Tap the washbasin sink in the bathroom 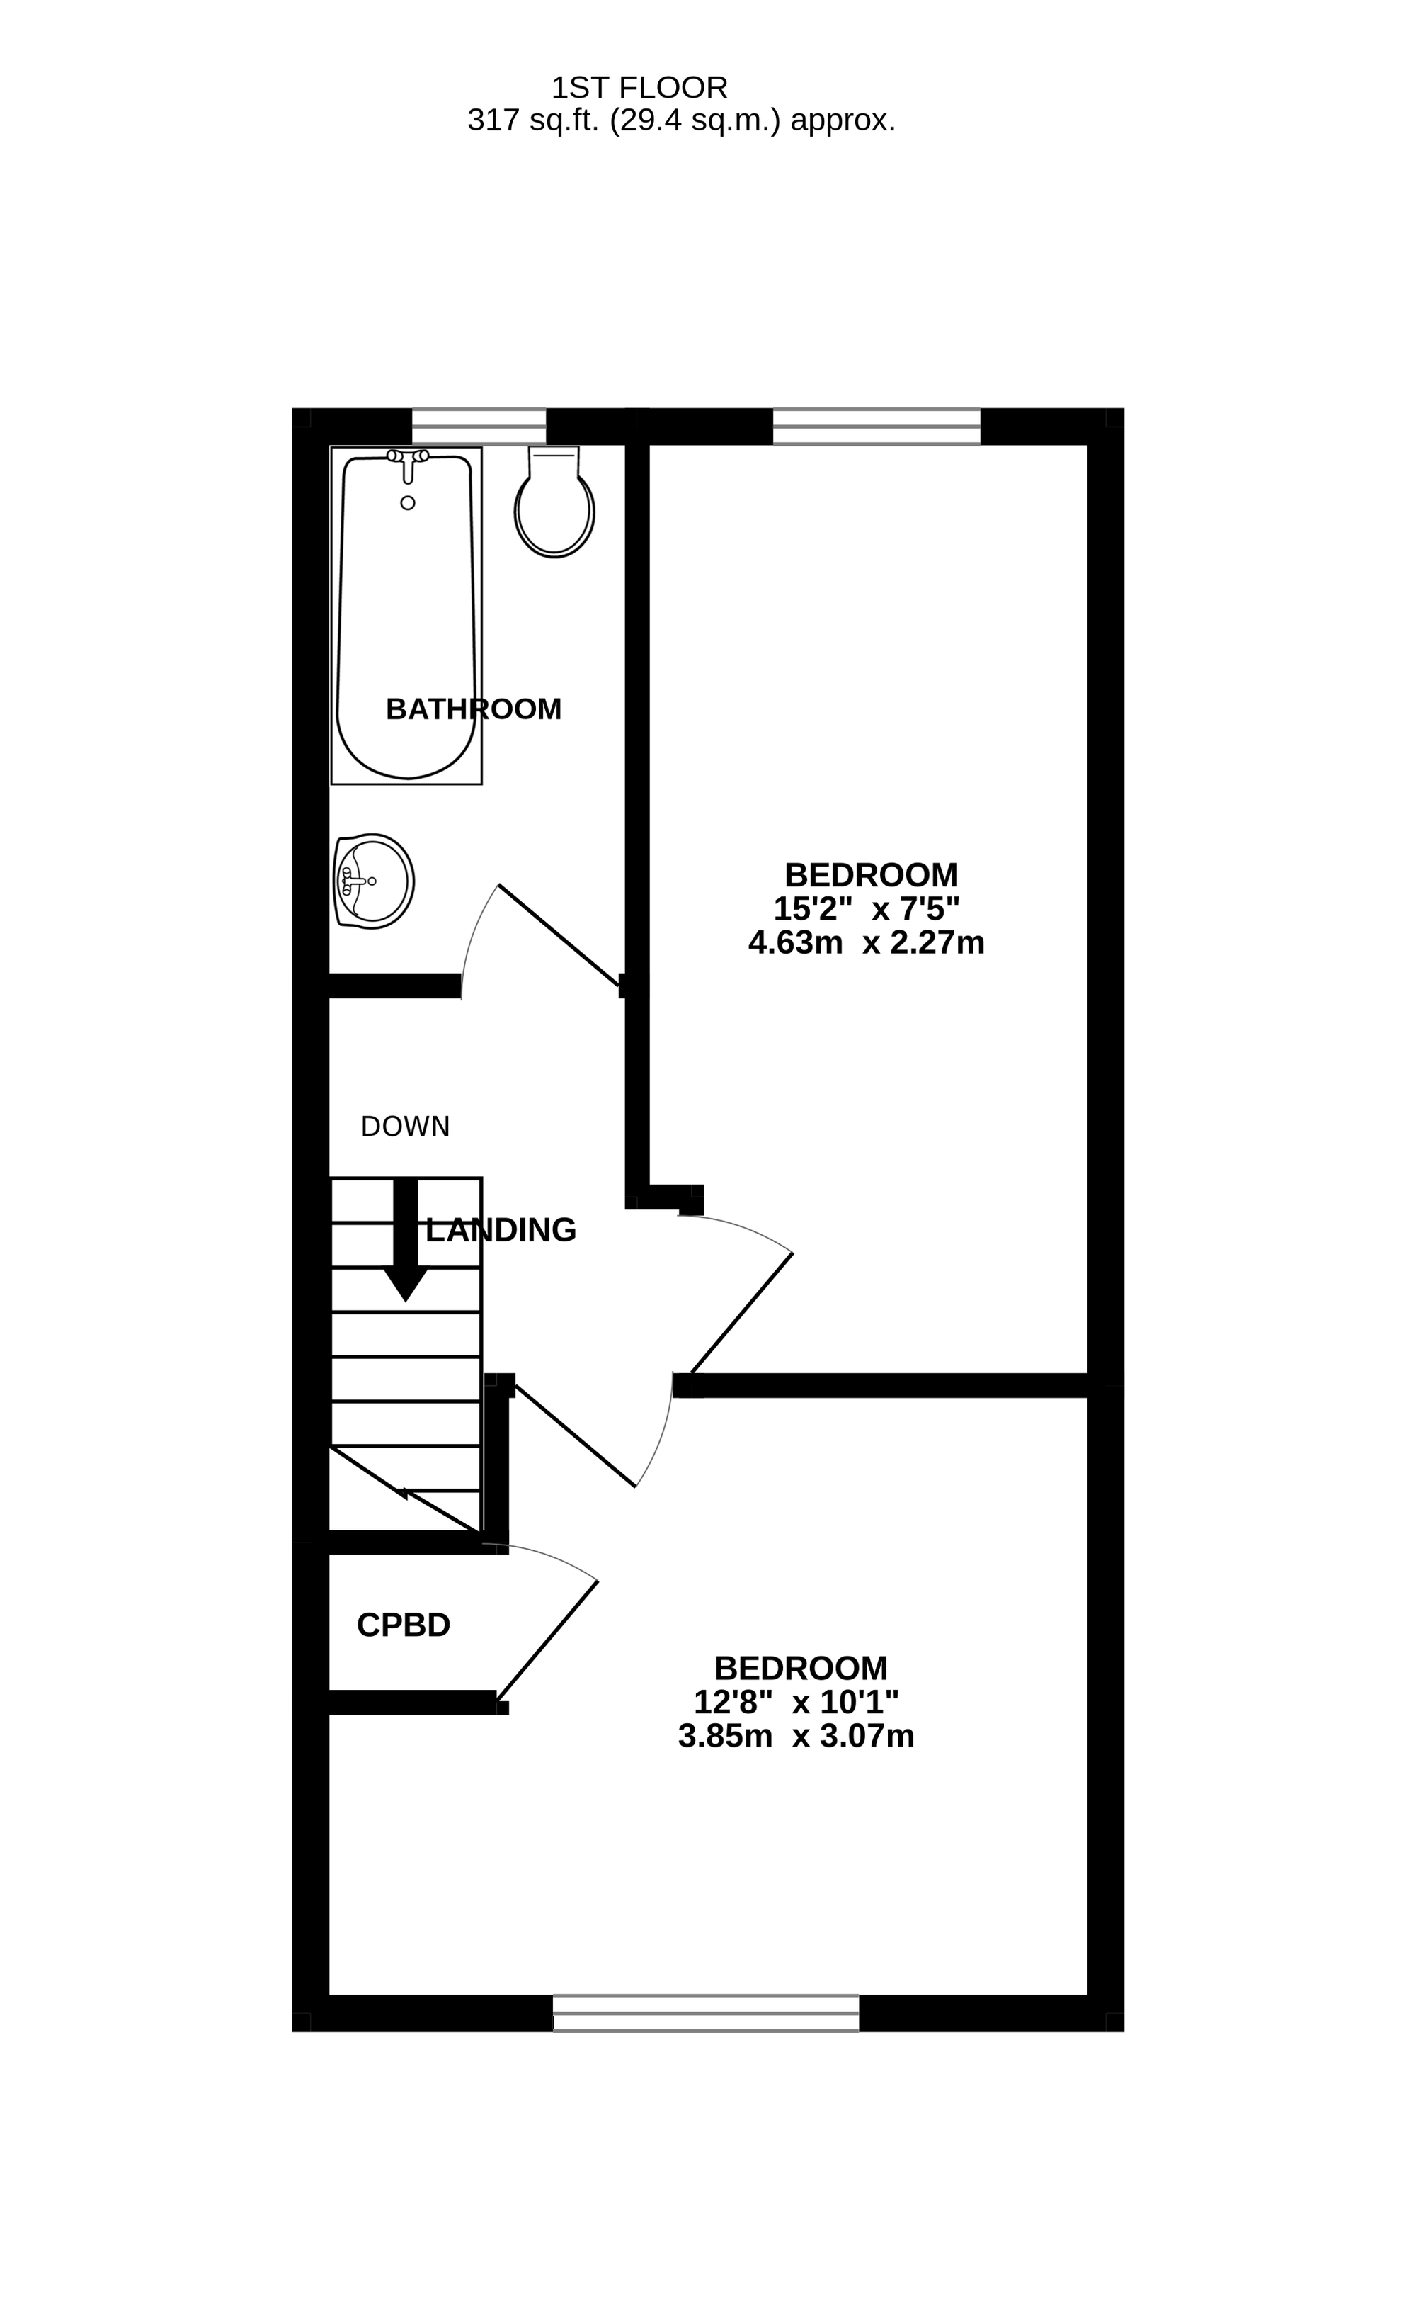[373, 881]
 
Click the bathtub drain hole [407, 503]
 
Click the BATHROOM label [473, 709]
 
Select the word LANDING [501, 1229]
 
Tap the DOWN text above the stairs [406, 1126]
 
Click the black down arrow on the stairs [406, 1239]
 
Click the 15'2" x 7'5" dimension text [867, 908]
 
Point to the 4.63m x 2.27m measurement [867, 942]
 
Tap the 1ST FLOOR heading [639, 88]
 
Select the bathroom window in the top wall [479, 427]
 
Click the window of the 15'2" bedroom [877, 427]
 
